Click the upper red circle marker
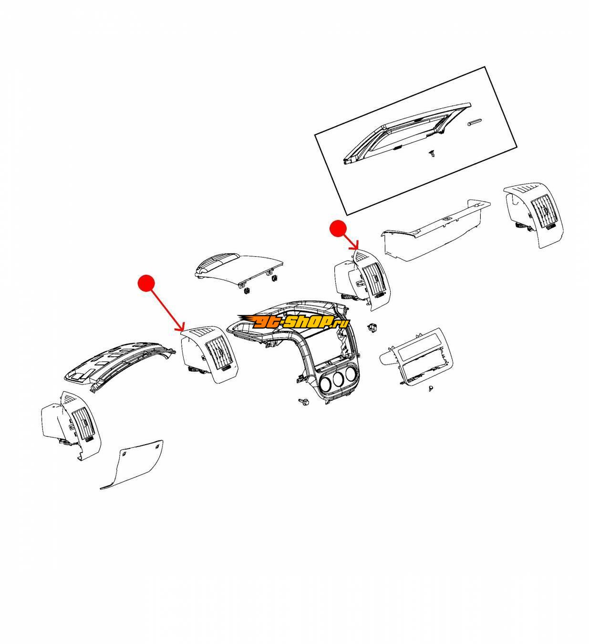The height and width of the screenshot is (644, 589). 338,229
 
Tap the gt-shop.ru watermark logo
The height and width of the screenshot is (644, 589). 293,322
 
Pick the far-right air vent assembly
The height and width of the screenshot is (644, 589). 533,215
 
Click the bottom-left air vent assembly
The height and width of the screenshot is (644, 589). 71,426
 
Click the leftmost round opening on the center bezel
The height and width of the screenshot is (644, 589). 325,384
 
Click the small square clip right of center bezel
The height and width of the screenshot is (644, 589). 372,328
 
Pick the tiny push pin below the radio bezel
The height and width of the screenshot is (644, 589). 431,389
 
